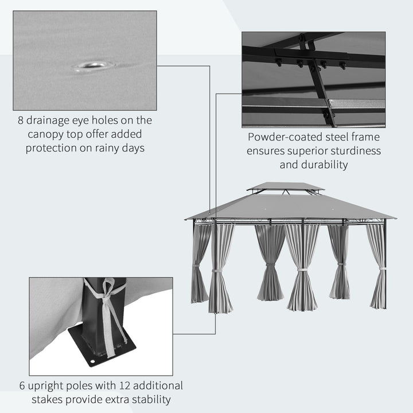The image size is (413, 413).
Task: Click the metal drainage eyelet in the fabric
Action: click(91, 65)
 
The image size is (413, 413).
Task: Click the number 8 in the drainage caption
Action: click(21, 120)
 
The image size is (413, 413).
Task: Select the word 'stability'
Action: click(150, 399)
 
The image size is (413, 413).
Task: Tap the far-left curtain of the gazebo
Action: click(200, 264)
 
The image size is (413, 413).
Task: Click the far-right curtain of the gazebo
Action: click(377, 267)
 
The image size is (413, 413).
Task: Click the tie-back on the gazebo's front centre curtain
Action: click(302, 269)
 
